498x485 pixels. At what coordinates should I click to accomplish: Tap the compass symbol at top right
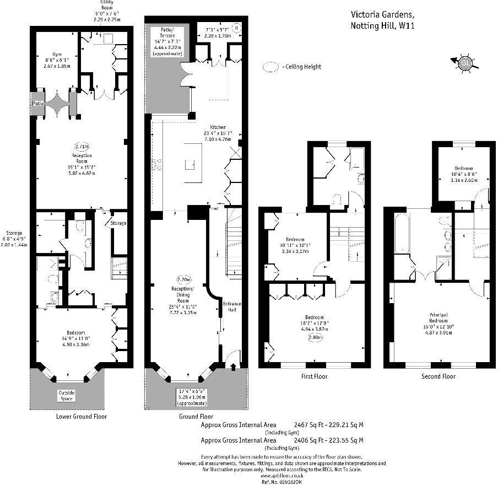coord(465,63)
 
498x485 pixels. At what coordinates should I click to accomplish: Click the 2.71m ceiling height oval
coord(81,147)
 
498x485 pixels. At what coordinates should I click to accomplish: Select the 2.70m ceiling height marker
coord(183,279)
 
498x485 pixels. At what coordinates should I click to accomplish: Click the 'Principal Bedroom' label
coord(439,318)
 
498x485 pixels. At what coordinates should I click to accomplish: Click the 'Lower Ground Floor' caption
coord(82,417)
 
